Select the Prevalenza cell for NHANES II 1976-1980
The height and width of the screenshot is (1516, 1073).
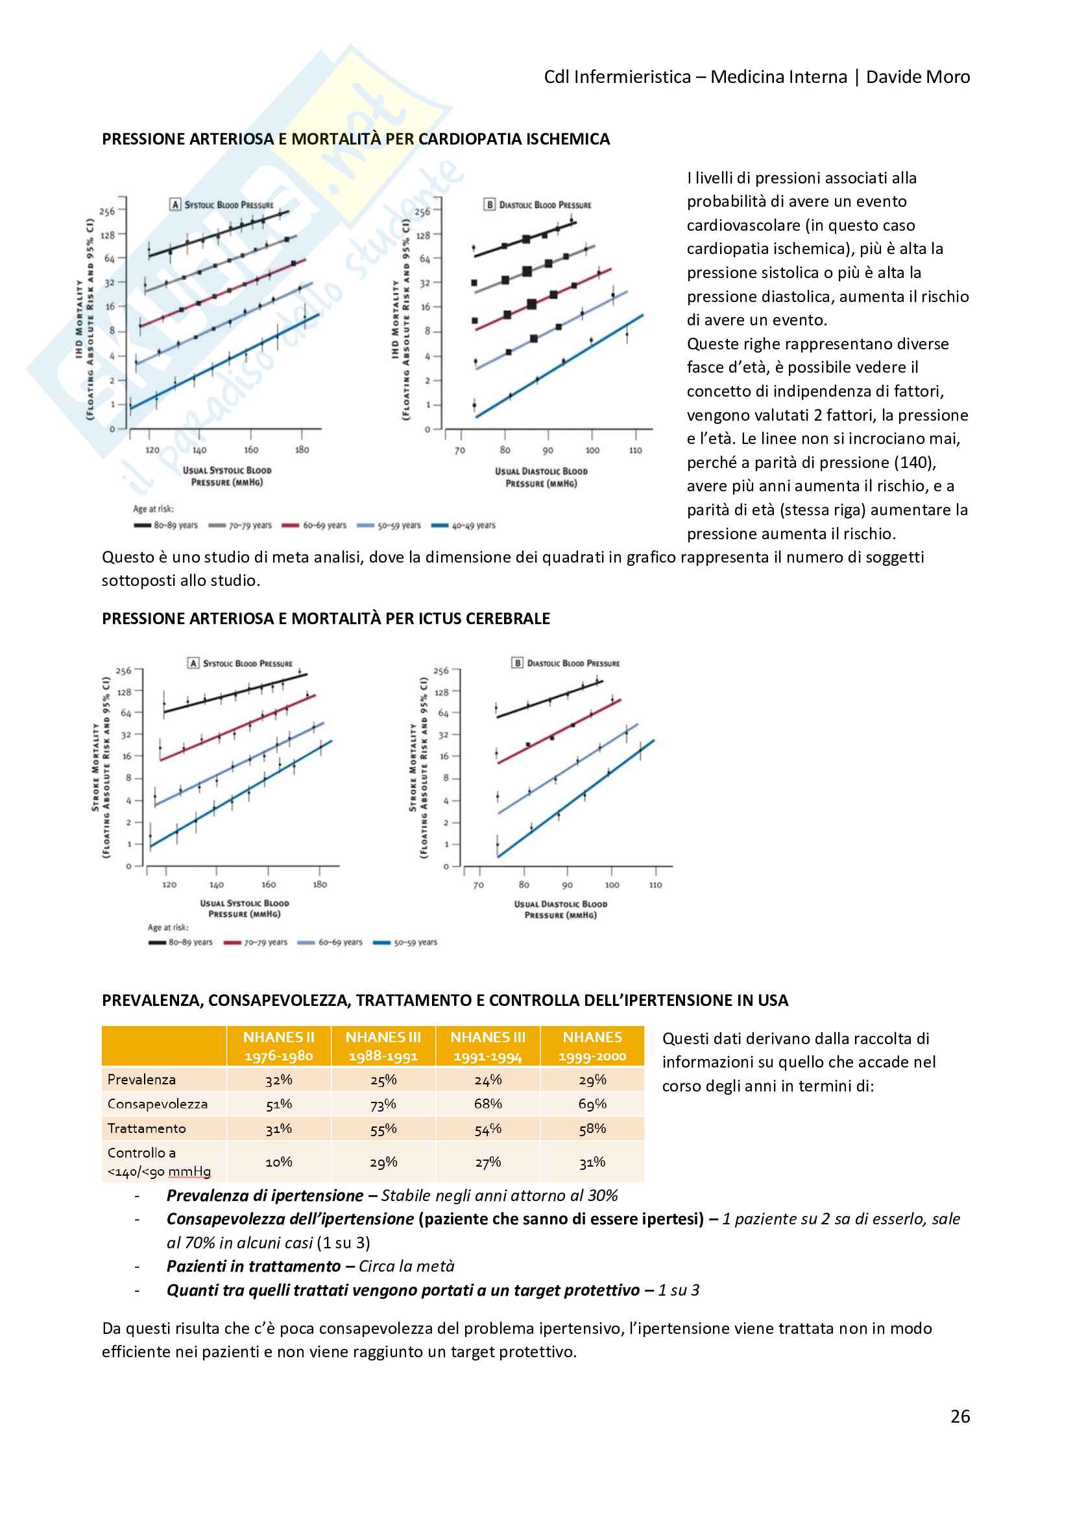[x=278, y=1080]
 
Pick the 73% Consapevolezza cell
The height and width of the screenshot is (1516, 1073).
[x=383, y=1104]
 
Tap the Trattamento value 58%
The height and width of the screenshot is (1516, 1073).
[x=592, y=1128]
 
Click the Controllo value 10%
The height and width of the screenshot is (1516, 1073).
[x=278, y=1162]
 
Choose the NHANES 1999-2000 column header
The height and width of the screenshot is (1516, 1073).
[x=592, y=1047]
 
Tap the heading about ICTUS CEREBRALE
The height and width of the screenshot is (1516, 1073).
[x=326, y=619]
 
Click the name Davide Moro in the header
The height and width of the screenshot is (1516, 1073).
[x=918, y=77]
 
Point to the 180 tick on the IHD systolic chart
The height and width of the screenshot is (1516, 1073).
[x=302, y=450]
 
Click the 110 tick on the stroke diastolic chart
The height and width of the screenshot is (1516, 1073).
[x=655, y=885]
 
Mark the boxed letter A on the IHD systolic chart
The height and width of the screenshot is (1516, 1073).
[x=175, y=205]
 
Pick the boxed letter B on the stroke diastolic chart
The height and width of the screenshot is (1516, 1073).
[x=517, y=663]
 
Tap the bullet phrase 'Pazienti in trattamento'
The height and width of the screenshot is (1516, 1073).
[x=254, y=1266]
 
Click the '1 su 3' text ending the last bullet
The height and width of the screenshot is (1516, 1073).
[x=678, y=1290]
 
